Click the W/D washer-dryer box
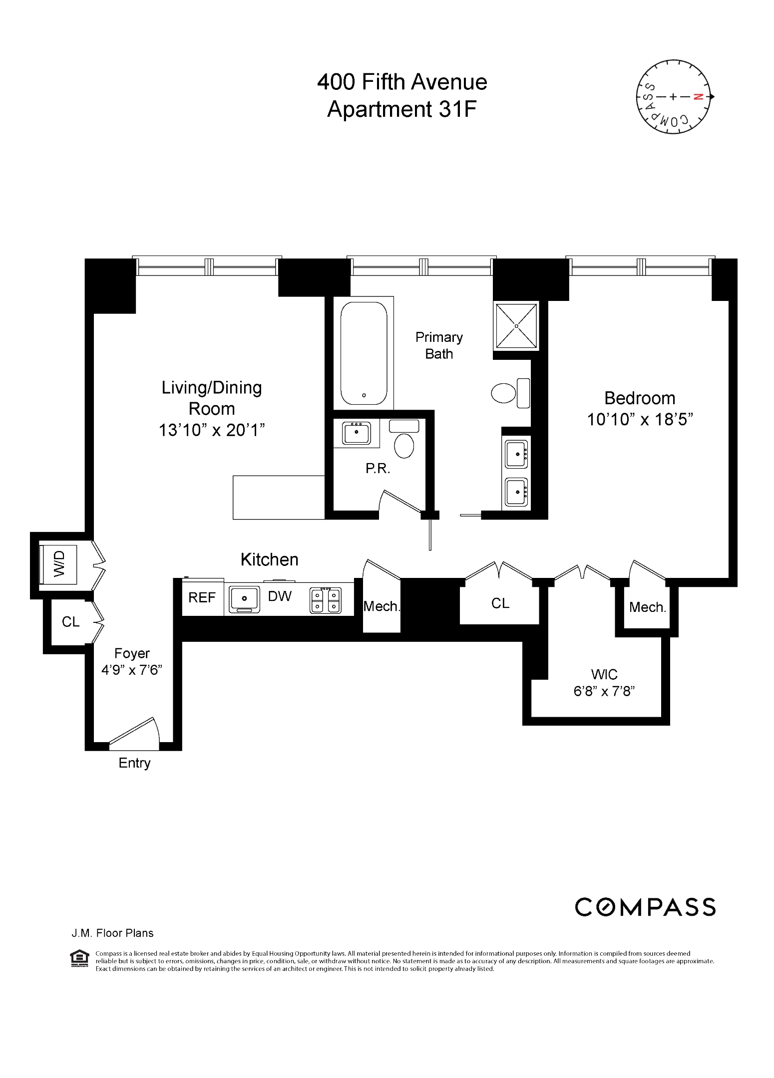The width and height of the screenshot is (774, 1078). point(59,564)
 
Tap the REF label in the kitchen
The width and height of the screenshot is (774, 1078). point(202,597)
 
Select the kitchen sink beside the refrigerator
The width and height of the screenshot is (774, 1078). point(244,599)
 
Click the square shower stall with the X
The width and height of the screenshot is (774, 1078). point(516,325)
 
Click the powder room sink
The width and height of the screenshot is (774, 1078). point(356,432)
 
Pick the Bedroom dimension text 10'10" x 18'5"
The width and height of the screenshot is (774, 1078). point(640,419)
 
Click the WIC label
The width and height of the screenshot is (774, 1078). point(604,674)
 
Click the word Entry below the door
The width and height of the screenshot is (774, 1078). point(134,763)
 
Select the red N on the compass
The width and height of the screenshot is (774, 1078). point(699,97)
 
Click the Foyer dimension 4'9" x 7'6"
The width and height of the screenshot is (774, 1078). point(132,670)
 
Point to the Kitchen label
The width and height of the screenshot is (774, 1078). point(269,559)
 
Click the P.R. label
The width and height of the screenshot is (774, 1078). point(378,469)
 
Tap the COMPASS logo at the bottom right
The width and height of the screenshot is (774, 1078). point(645,907)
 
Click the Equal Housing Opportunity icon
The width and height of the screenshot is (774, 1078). point(78,960)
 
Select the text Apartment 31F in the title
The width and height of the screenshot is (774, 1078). point(402,109)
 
